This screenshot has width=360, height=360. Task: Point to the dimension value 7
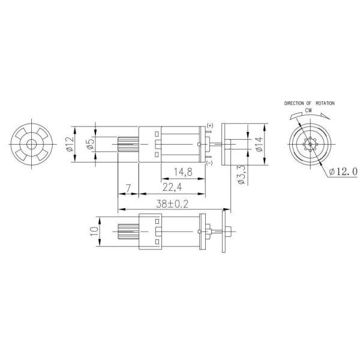coord(128,188)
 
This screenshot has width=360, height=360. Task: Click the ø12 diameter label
coord(70,144)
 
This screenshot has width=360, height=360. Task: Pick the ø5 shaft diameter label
coord(91,145)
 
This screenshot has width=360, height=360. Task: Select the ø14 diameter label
coord(259,145)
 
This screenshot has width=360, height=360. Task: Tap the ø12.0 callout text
coord(343,172)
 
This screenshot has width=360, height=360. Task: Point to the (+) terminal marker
coord(209,125)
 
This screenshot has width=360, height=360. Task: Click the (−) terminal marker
coord(209,163)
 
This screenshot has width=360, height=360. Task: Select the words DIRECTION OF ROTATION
coord(310,104)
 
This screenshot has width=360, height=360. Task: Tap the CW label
coord(309,110)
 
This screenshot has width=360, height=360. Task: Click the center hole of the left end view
coord(31,145)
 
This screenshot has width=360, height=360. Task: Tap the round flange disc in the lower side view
coord(226,232)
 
